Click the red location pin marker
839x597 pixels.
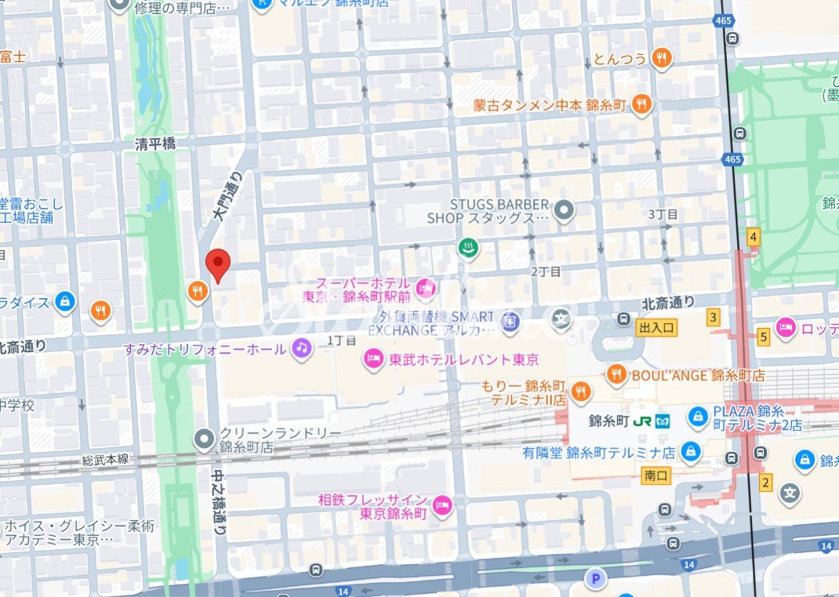(217, 265)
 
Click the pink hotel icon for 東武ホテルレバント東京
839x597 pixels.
(372, 360)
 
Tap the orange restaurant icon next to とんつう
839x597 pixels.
(663, 57)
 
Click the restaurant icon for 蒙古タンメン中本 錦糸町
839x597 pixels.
(642, 104)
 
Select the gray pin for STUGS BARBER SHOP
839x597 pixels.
(563, 210)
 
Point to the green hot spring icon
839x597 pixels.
(468, 249)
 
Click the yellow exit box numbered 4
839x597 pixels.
(754, 237)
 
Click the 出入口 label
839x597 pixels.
(656, 327)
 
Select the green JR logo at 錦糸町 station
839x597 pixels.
(643, 420)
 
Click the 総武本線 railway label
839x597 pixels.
(105, 459)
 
